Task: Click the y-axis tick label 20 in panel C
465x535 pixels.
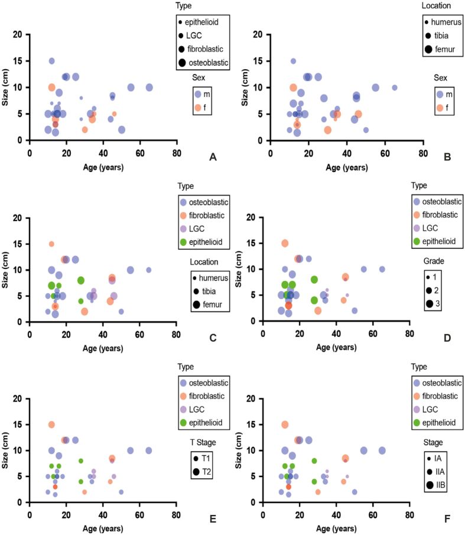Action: tap(21, 218)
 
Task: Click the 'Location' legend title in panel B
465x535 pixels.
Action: tap(437, 5)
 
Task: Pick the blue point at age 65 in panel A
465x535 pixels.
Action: tap(149, 87)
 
